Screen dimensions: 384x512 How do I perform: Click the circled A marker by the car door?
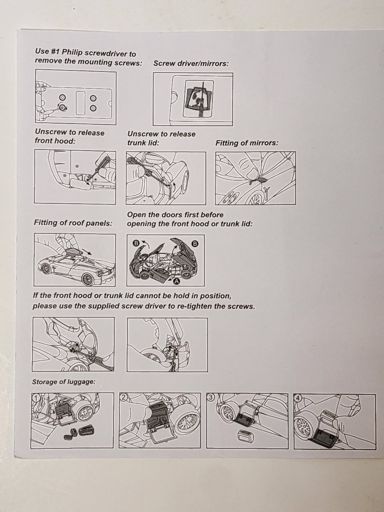point(177,282)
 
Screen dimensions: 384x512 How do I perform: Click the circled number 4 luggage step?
point(298,398)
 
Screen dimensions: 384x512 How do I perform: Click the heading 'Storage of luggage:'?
point(64,382)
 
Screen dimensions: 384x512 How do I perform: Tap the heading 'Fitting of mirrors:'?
point(247,143)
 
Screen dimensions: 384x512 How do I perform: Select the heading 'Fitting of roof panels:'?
point(73,223)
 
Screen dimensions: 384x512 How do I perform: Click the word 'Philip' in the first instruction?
point(72,52)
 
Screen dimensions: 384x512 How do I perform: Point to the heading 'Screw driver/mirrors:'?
point(191,63)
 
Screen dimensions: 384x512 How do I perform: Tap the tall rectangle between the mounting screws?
point(80,103)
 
